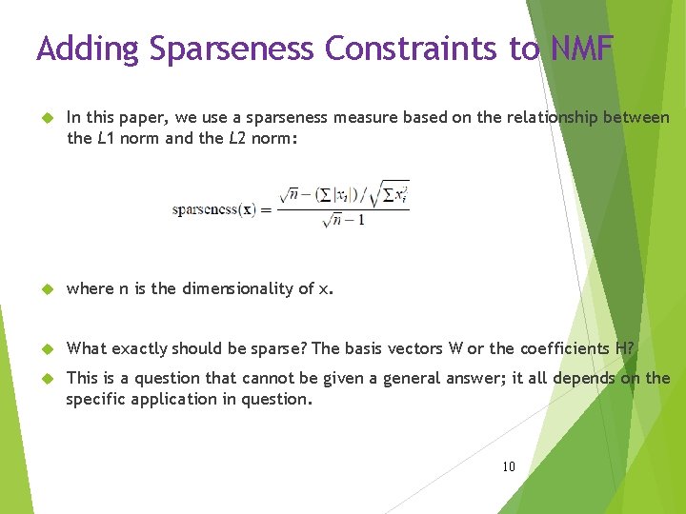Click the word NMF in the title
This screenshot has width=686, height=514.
[x=581, y=49]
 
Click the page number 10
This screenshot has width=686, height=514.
[x=508, y=466]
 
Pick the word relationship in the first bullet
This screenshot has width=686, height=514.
[x=556, y=117]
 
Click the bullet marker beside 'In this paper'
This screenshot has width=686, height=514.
[x=44, y=118]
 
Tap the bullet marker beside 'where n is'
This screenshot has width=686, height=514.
[x=44, y=289]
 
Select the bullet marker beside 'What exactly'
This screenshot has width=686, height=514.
[x=44, y=349]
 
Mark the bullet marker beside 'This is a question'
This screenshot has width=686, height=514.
[x=44, y=379]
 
